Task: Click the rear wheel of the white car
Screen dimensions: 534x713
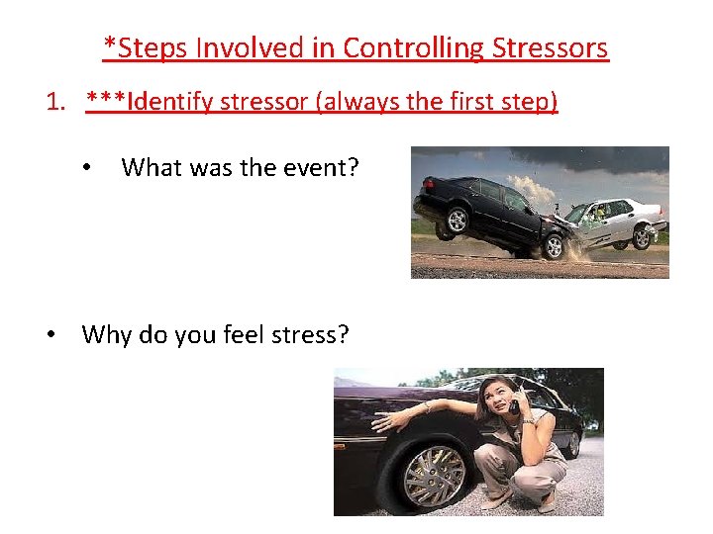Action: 643,237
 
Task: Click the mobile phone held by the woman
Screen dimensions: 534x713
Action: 513,405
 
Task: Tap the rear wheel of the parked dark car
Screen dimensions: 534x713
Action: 572,444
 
